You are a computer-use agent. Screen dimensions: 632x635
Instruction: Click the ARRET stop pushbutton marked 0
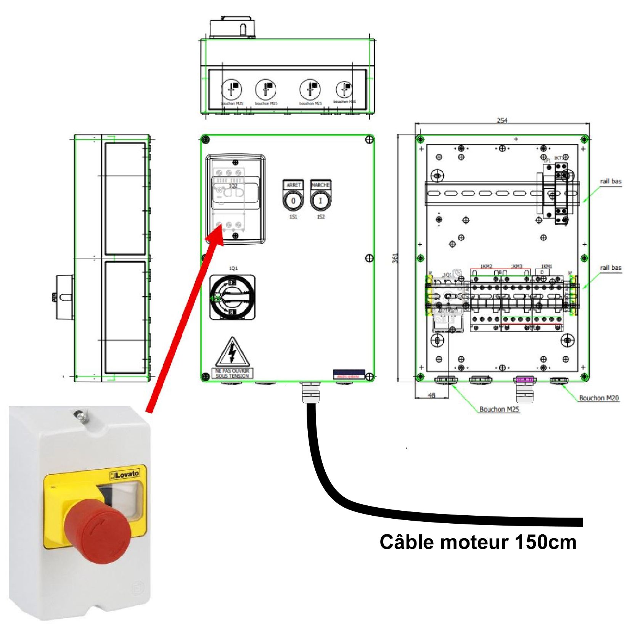[x=293, y=201]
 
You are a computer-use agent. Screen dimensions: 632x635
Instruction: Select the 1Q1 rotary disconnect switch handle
[x=232, y=298]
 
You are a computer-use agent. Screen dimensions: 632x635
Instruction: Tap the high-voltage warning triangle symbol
[x=232, y=353]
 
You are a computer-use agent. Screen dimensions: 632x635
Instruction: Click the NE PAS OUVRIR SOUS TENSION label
[x=232, y=373]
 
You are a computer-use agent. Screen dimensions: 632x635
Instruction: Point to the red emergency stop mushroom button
[x=97, y=534]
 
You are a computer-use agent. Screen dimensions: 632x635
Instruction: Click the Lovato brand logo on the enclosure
[x=125, y=475]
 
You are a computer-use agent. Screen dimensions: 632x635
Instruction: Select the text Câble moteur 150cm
[x=477, y=542]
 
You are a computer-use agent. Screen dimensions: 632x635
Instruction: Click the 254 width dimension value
[x=502, y=121]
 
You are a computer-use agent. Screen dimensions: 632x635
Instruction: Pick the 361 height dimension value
[x=395, y=258]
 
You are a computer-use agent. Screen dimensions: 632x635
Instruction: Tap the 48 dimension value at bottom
[x=431, y=395]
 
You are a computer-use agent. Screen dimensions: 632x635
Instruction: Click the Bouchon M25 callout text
[x=499, y=409]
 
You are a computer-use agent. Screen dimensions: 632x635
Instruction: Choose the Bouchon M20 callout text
[x=599, y=398]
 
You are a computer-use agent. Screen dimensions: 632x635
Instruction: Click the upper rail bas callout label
[x=611, y=181]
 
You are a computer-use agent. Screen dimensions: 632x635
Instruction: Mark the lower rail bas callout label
[x=611, y=268]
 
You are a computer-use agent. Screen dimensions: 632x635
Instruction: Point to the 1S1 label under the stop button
[x=293, y=217]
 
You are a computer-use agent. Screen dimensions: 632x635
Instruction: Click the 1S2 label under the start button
[x=321, y=217]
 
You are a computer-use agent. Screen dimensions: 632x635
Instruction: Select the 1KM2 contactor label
[x=486, y=266]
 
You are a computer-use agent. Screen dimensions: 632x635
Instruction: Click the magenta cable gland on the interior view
[x=525, y=380]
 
